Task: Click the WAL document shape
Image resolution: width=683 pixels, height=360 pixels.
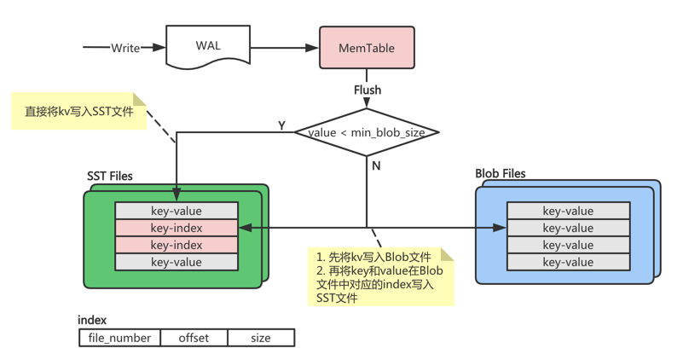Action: pos(207,46)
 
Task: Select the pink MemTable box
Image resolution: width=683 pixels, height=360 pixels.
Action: pos(367,48)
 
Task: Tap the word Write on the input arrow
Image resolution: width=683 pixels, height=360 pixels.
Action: pos(125,48)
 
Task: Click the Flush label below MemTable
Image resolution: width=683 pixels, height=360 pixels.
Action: pos(368,90)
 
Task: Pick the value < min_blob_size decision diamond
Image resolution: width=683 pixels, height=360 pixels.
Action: pos(367,132)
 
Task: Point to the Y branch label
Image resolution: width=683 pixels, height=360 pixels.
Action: pos(282,125)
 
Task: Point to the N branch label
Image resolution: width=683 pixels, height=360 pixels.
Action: pos(376,165)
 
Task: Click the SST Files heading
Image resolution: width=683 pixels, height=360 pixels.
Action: pos(110,177)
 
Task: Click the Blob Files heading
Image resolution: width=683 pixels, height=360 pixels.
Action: pos(501,174)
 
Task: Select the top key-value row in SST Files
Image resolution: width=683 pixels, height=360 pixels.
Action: pos(176,211)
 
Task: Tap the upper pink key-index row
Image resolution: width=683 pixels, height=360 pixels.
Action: pos(176,228)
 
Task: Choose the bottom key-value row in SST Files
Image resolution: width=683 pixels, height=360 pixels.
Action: pos(176,262)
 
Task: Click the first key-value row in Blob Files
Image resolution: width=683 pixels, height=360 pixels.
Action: pos(568,211)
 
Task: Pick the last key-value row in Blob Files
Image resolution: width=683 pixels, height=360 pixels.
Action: pos(568,262)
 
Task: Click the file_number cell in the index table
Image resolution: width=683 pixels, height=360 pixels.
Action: pos(119,338)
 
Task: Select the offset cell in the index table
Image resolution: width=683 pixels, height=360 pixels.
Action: pos(194,338)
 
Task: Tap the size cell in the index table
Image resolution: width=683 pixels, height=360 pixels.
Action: pos(261,338)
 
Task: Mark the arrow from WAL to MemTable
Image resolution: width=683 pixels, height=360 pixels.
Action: pos(284,48)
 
